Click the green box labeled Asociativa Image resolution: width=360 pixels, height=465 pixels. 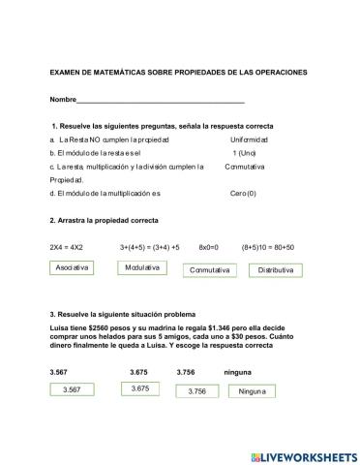tap(74, 266)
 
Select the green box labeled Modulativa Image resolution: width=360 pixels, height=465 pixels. tap(143, 266)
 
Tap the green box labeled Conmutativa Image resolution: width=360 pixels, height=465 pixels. tap(210, 269)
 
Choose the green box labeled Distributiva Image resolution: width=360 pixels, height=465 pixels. tap(276, 269)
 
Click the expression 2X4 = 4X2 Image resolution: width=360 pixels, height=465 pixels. tap(67, 247)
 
